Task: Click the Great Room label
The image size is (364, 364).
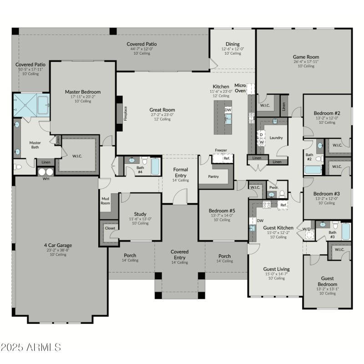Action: (x=162, y=110)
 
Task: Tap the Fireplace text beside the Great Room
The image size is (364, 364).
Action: (x=125, y=113)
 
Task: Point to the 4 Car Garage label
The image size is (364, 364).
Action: (x=58, y=245)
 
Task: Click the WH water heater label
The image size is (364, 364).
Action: (x=45, y=179)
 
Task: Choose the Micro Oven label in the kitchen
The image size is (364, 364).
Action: (x=240, y=88)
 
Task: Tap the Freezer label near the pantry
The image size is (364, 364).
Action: (x=221, y=150)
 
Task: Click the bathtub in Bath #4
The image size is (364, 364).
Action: (x=155, y=166)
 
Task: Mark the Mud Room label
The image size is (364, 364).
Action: (x=105, y=201)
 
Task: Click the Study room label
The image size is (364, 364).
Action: (x=140, y=214)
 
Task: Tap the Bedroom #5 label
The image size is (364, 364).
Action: (x=222, y=211)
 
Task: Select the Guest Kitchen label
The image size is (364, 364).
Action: (x=278, y=227)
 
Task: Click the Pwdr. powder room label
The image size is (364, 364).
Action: (x=273, y=187)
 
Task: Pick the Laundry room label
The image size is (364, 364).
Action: (x=276, y=137)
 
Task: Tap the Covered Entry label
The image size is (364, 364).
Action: (x=179, y=254)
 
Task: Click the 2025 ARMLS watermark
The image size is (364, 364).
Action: (x=30, y=348)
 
